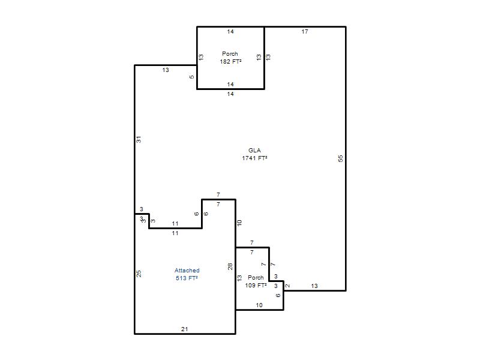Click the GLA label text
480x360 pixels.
[x=254, y=151]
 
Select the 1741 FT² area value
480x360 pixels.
[x=254, y=158]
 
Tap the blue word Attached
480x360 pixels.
[x=187, y=271]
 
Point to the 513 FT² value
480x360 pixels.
[x=187, y=278]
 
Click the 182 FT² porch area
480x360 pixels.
[x=230, y=62]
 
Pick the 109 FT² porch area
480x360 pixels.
[x=256, y=286]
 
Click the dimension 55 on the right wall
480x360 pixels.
[x=340, y=158]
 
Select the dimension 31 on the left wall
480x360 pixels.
[x=139, y=140]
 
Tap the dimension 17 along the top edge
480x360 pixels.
[x=305, y=32]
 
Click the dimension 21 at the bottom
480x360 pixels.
[x=184, y=329]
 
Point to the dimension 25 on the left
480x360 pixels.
[x=139, y=274]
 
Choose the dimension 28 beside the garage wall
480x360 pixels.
[x=230, y=266]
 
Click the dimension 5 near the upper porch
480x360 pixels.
[x=191, y=77]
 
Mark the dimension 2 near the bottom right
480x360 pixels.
[x=287, y=286]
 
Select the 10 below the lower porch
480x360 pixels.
[x=259, y=305]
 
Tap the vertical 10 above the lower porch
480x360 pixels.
[x=239, y=223]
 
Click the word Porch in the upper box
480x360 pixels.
[x=230, y=53]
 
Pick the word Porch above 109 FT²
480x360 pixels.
[x=256, y=277]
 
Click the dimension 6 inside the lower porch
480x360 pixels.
[x=278, y=295]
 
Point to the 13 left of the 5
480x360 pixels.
[x=166, y=70]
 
